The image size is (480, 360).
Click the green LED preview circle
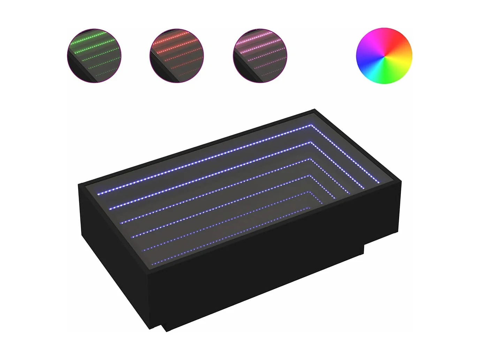[94, 56]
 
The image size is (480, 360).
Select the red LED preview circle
[177, 56]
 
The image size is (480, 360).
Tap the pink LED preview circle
[260, 56]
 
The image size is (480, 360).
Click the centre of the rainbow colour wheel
[384, 56]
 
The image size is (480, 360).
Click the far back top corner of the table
[315, 110]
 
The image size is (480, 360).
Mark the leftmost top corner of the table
[79, 185]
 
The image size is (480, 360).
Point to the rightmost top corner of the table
[401, 181]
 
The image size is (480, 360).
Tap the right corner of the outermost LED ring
[379, 182]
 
